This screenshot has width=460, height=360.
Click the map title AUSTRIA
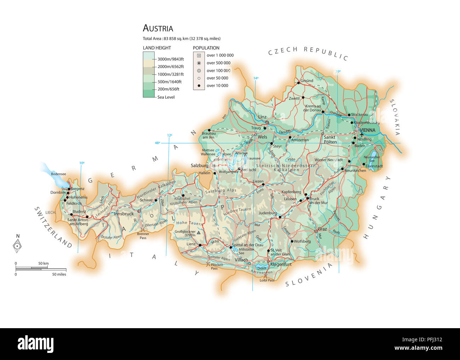pos(158,28)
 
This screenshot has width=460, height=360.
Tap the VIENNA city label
pos(368,130)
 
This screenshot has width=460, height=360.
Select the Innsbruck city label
pos(123,214)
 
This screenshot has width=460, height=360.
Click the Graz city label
pos(322,229)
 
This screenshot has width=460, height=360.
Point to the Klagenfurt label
pos(281,264)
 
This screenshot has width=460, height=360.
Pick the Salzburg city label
pos(200,166)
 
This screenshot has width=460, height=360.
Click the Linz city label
pos(262,117)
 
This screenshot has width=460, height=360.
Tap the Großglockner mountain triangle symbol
pos(199,233)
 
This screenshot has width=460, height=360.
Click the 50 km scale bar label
pos(44,263)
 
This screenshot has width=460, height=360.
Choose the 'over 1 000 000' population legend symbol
pos(199,56)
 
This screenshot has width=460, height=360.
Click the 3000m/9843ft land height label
pos(171,59)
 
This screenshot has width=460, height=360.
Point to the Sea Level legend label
pos(166,97)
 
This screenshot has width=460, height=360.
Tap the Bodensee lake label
pos(58,174)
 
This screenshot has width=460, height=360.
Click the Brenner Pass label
pos(143,236)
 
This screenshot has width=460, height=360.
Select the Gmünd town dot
pos(298,83)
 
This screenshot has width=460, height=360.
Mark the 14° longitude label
pos(255,78)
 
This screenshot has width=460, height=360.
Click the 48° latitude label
pos(157,143)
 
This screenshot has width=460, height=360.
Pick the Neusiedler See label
pos(372,159)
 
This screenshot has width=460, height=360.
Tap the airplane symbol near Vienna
pos(362,134)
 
